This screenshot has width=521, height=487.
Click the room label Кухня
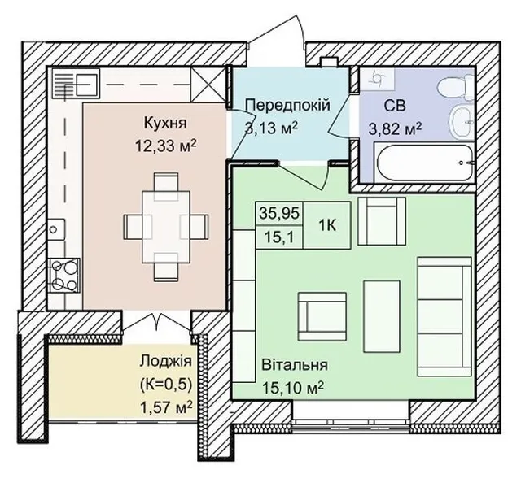pos(165,123)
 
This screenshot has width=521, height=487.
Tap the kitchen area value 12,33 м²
pos(165,146)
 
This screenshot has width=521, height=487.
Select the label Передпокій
pos(287,105)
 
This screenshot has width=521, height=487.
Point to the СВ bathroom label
pos(395,106)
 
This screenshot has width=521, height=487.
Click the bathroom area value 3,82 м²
pos(395,128)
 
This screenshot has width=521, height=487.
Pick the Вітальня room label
pos(295,365)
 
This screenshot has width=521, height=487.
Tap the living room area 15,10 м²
pos(293,387)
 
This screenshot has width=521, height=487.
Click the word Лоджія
pos(166,362)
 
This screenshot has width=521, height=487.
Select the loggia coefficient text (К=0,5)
pos(166,385)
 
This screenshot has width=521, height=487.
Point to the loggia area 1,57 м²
pos(166,407)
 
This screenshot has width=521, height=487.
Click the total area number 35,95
pos(279,213)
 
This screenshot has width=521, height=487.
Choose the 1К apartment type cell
pos(327,225)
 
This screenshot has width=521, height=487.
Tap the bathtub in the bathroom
pos(424,163)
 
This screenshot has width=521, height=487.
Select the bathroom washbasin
pos(462,122)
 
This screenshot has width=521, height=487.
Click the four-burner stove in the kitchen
pos(64,276)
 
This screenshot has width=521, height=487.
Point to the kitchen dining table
pos(166,227)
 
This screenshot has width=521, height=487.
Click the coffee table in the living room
pos(382,316)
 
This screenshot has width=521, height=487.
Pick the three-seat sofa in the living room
pos(444,316)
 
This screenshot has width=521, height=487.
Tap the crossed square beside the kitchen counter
pos(208,85)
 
